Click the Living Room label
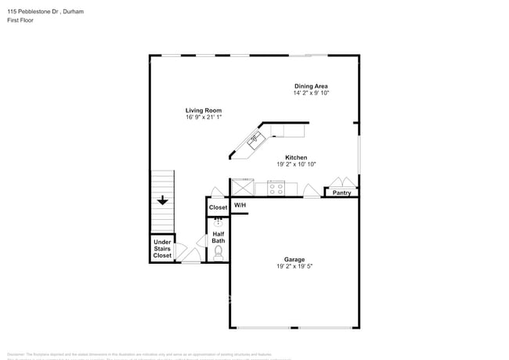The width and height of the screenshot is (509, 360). click(x=203, y=110)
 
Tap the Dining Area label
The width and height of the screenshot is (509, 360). click(x=311, y=86)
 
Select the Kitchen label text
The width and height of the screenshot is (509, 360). click(x=295, y=157)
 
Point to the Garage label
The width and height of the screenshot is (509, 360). click(x=294, y=260)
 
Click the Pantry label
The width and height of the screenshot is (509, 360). click(x=341, y=193)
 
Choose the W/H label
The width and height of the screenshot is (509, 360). click(x=240, y=206)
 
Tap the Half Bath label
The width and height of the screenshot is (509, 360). click(x=218, y=236)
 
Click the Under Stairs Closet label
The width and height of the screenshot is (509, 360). click(x=162, y=249)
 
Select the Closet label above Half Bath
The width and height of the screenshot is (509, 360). click(x=218, y=207)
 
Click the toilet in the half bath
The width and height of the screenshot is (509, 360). click(x=218, y=252)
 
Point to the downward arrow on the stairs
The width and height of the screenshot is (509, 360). click(x=162, y=201)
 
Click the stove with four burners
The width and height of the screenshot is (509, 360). click(x=276, y=188)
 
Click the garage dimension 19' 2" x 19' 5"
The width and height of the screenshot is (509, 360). click(x=294, y=267)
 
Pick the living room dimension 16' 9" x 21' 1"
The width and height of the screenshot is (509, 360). click(x=203, y=117)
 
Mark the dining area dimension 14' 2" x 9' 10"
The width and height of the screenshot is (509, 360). click(x=311, y=93)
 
